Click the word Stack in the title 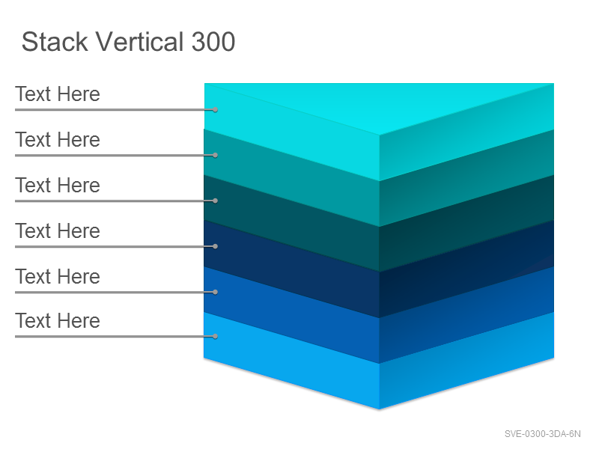click(x=55, y=42)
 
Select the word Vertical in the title click(x=139, y=42)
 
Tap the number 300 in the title click(x=213, y=42)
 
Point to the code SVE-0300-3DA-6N click(x=542, y=434)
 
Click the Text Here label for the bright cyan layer click(x=58, y=94)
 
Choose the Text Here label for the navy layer click(x=58, y=231)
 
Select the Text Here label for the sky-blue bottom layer click(x=58, y=321)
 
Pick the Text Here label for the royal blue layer click(x=58, y=276)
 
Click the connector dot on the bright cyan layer click(x=216, y=110)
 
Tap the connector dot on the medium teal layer click(x=216, y=156)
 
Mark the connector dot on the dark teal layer click(x=216, y=201)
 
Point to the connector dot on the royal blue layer click(x=216, y=292)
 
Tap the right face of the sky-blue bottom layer click(x=466, y=361)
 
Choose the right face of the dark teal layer click(x=466, y=223)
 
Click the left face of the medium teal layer click(x=291, y=178)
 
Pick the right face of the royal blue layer click(x=466, y=315)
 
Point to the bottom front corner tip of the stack click(x=380, y=409)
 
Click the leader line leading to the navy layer click(x=115, y=247)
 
